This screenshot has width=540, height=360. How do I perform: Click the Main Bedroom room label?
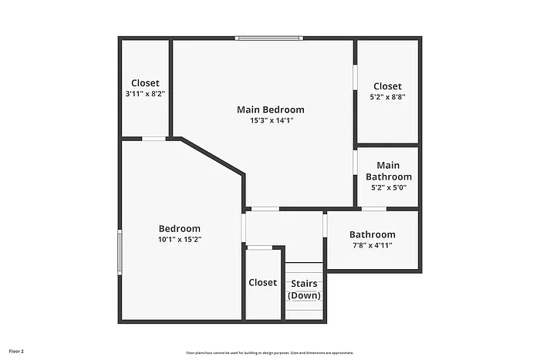tap(270, 109)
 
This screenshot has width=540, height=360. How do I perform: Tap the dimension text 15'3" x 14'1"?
tap(270, 120)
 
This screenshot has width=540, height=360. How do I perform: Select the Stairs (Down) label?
tap(304, 289)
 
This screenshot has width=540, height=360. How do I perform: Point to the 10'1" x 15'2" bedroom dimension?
tap(180, 239)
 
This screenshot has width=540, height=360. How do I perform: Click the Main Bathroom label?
tap(388, 171)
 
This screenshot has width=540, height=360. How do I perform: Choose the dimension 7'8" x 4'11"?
tap(373, 246)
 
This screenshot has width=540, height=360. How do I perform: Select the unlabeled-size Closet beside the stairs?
tap(262, 283)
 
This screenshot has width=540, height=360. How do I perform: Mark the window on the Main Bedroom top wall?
tap(269, 38)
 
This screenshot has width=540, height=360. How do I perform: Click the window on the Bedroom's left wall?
tap(119, 252)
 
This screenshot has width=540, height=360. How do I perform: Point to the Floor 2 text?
tap(16, 352)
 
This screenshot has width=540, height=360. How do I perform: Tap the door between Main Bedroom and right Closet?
tap(355, 79)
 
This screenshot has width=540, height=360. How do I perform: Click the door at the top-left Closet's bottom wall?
tap(154, 139)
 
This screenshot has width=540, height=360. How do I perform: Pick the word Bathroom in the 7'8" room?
tap(373, 235)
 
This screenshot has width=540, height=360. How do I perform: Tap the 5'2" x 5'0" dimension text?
tap(388, 187)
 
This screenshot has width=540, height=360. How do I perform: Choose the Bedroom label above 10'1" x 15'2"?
tap(180, 228)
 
